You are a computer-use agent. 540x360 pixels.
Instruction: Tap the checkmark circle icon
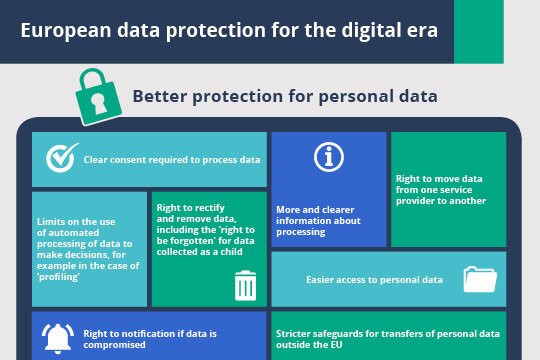coord(62,159)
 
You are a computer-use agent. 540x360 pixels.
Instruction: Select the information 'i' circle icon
coord(329,157)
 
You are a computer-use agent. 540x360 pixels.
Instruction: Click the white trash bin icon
coord(246,286)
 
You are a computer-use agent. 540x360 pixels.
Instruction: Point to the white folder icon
coord(480,279)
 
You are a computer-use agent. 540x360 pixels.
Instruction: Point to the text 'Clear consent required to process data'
coord(172,160)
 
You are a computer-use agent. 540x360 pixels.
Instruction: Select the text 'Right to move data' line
coord(439,179)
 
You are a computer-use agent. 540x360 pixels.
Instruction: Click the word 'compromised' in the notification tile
coord(115,343)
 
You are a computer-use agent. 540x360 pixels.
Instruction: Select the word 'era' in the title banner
coord(421,29)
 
